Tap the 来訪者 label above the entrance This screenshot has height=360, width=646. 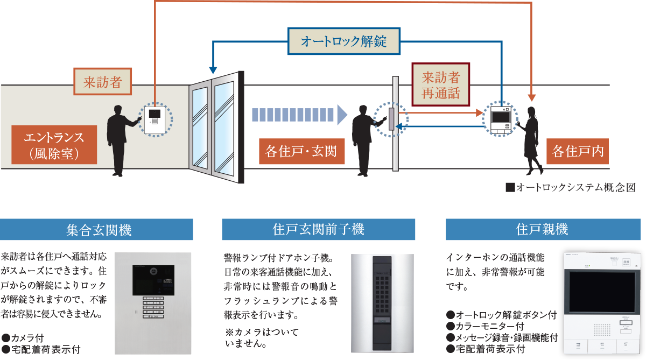tap(102, 82)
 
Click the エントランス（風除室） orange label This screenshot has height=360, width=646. tap(54, 144)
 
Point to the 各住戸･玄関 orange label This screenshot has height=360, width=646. tap(298, 152)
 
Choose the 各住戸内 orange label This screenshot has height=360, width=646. tap(577, 152)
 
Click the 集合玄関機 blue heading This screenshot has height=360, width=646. tap(97, 230)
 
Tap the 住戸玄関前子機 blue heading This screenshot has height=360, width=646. tap(318, 230)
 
